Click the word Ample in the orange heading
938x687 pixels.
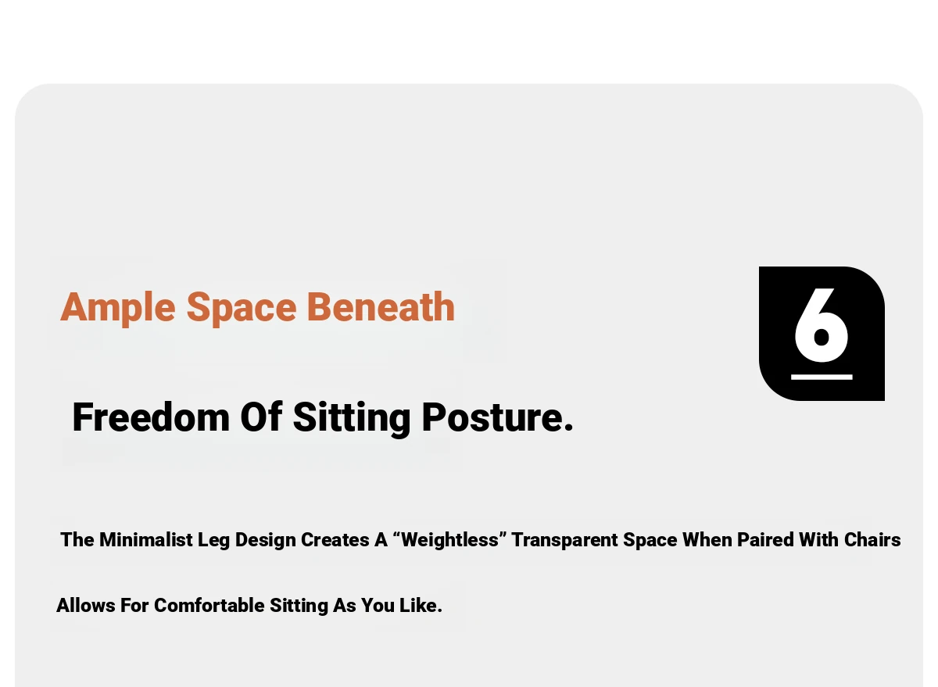pyautogui.click(x=118, y=309)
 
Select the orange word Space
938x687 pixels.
pyautogui.click(x=242, y=309)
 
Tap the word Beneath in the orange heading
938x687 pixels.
pyautogui.click(x=381, y=307)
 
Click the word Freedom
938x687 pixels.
pyautogui.click(x=151, y=417)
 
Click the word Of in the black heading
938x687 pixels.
pyautogui.click(x=261, y=417)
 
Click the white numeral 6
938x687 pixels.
pyautogui.click(x=822, y=325)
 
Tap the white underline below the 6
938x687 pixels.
pyautogui.click(x=822, y=377)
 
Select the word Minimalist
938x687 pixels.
pyautogui.click(x=145, y=539)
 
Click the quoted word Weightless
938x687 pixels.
pyautogui.click(x=449, y=539)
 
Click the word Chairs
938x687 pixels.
pyautogui.click(x=872, y=539)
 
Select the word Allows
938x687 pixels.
pyautogui.click(x=86, y=606)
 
